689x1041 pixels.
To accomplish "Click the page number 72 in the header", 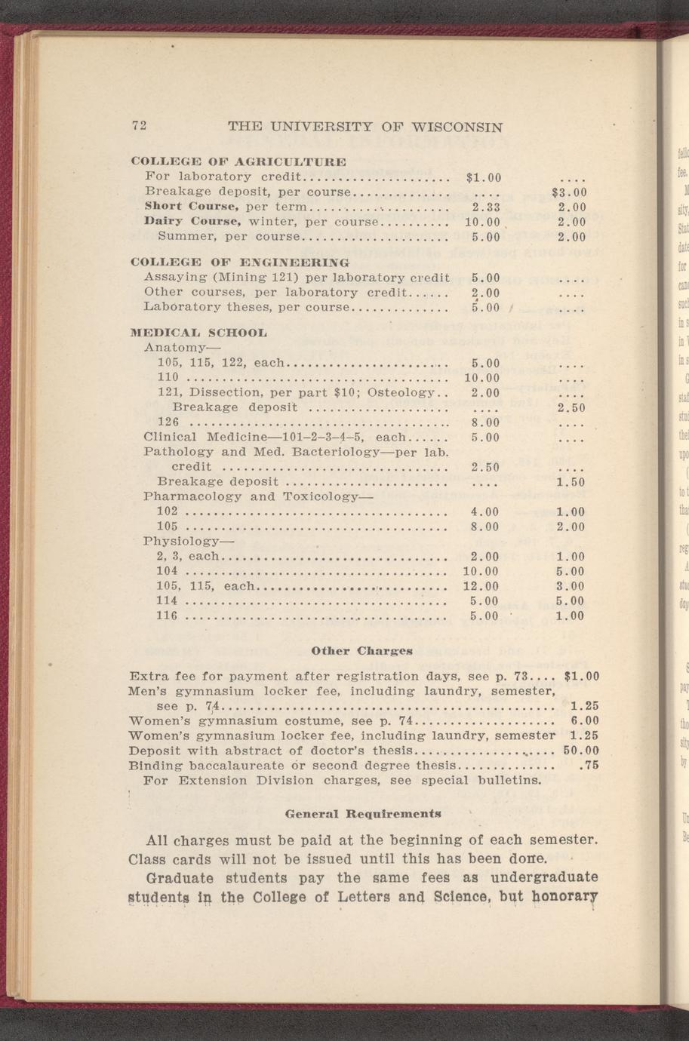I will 138,127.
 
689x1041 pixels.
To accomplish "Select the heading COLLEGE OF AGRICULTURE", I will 238,161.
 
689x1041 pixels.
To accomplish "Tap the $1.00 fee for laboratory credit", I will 484,178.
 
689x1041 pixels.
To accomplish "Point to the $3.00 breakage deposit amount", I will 570,192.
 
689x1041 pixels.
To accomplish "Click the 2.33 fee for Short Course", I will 487,207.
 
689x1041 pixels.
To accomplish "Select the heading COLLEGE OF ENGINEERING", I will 240,263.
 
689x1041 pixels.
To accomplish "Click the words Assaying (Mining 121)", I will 209,278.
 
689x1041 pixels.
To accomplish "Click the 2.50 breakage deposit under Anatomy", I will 571,407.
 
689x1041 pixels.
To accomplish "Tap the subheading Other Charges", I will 361,650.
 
